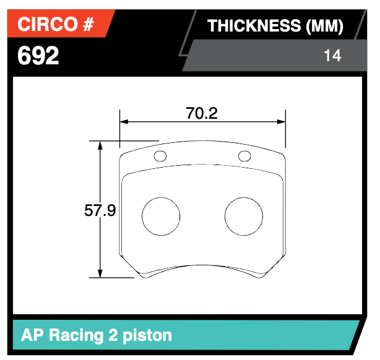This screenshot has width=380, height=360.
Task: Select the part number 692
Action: tap(38, 56)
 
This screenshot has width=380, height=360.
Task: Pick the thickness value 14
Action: tap(332, 56)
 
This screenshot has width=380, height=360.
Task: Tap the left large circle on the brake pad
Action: tap(161, 216)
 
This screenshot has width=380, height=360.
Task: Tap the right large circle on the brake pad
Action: tap(243, 216)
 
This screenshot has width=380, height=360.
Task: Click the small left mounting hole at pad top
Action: tap(160, 155)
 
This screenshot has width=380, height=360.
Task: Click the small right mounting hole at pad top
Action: tap(244, 155)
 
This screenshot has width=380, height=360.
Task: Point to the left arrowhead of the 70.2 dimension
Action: tap(123, 122)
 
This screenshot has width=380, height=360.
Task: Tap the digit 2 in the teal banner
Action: tap(112, 335)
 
